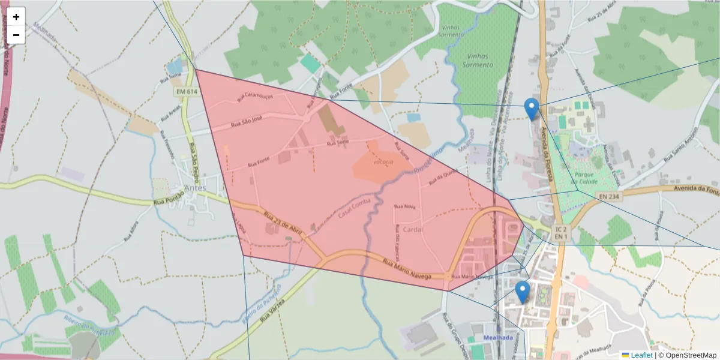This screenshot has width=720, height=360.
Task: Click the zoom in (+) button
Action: tap(16, 17)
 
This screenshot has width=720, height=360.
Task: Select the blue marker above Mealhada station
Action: tap(523, 292)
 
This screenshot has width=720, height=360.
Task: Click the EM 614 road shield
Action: tap(187, 92)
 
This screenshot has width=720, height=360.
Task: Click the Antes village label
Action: tap(196, 188)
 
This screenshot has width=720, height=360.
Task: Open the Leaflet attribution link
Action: tap(641, 355)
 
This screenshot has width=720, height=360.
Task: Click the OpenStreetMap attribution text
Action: tap(691, 355)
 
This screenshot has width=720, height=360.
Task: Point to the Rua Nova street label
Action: tap(404, 206)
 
